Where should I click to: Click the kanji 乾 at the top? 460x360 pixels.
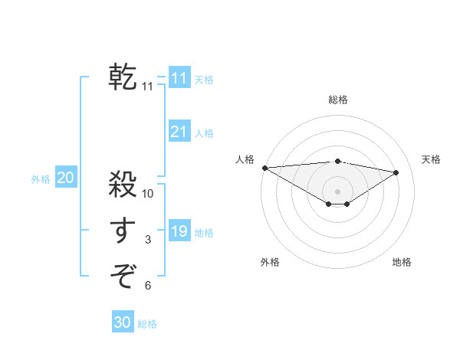[123, 77]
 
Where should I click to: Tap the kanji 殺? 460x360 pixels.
[123, 185]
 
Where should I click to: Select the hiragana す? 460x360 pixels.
[123, 231]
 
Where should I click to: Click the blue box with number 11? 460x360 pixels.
[179, 78]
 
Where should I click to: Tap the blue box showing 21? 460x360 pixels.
[179, 132]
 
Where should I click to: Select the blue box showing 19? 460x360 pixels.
[179, 231]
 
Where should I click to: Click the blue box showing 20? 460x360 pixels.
[65, 178]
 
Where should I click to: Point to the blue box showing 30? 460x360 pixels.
[122, 322]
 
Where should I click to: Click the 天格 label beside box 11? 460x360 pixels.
[204, 79]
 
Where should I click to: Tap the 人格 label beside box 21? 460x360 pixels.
[204, 133]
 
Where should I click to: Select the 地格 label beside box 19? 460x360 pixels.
[204, 232]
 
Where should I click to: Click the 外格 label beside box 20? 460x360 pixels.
[41, 178]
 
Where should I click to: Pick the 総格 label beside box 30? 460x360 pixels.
[147, 323]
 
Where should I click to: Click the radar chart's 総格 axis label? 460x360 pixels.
[337, 100]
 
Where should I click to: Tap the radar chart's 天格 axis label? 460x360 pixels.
[432, 159]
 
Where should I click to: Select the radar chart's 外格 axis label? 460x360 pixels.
[270, 262]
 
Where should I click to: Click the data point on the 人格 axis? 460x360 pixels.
[264, 168]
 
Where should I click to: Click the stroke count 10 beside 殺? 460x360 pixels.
[148, 194]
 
